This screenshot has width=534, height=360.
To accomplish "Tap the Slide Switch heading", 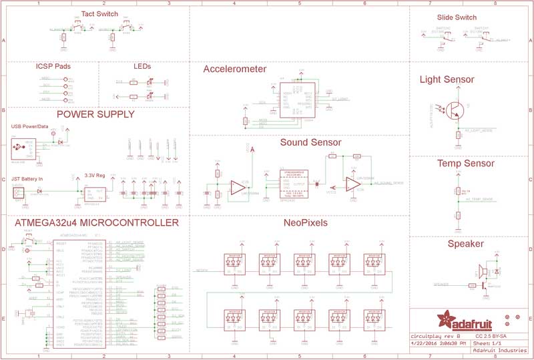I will pyautogui.click(x=457, y=17).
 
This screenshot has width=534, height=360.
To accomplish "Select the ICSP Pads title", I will pyautogui.click(x=53, y=67).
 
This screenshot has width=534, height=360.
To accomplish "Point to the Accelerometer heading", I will pyautogui.click(x=235, y=69).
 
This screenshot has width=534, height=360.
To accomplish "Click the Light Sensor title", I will pyautogui.click(x=447, y=79).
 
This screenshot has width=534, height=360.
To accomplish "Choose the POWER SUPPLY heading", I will pyautogui.click(x=95, y=114).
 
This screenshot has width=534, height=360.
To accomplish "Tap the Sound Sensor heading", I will pyautogui.click(x=310, y=142).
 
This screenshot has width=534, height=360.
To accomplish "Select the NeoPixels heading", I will pyautogui.click(x=305, y=222).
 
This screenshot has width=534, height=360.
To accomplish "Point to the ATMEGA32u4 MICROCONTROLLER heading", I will pyautogui.click(x=97, y=222).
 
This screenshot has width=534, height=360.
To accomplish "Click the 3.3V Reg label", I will pyautogui.click(x=95, y=176).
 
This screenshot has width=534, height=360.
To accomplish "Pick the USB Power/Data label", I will pyautogui.click(x=30, y=126).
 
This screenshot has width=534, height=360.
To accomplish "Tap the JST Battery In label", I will pyautogui.click(x=27, y=179).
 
